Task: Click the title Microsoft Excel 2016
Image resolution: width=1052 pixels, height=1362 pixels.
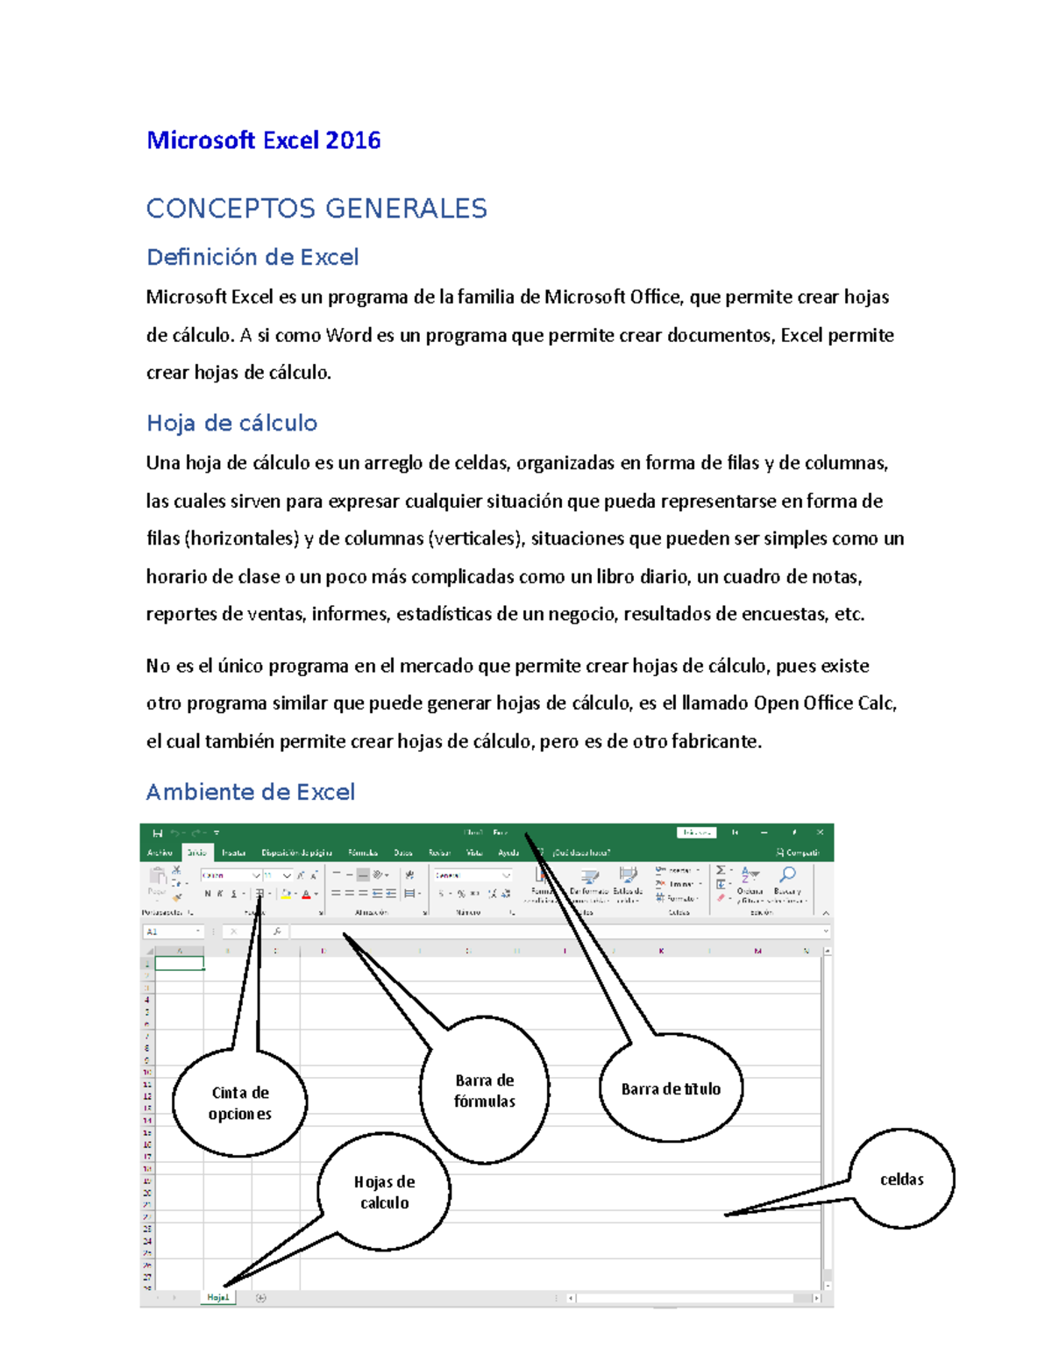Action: (263, 140)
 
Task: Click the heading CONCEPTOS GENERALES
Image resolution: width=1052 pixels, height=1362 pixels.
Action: (316, 209)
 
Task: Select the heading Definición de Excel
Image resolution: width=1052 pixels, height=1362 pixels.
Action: (252, 257)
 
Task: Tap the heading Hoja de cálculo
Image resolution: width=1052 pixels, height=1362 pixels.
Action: (231, 423)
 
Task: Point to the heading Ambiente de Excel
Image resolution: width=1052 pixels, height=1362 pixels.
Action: (250, 792)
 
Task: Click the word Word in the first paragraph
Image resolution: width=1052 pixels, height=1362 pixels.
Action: (348, 335)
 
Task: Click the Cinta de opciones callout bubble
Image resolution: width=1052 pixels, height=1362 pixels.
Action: (239, 1103)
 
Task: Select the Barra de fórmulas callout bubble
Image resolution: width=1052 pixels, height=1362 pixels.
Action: (484, 1091)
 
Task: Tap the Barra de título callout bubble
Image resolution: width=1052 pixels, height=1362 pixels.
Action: (671, 1089)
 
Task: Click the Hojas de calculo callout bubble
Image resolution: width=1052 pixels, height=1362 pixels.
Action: (384, 1193)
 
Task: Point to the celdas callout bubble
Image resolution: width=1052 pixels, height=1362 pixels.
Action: (901, 1180)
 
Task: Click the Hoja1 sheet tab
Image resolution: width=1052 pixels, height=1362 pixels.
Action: (217, 1297)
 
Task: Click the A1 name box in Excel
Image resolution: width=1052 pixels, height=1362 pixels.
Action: (172, 931)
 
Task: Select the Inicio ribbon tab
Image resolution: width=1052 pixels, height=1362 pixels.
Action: (196, 852)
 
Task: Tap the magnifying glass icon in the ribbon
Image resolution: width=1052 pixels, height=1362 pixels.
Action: (787, 874)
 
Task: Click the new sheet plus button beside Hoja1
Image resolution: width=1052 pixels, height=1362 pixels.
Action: (260, 1298)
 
